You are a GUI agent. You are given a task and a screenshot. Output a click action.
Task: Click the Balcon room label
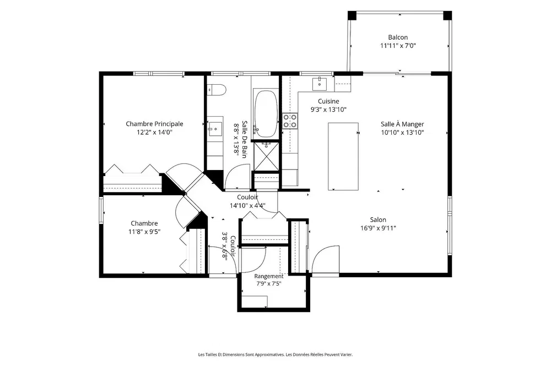(398, 37)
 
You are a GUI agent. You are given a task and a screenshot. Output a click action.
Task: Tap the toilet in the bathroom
(216, 90)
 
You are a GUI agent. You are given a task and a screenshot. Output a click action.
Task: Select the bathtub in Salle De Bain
(266, 114)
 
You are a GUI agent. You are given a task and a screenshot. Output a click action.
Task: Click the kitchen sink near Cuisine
(320, 84)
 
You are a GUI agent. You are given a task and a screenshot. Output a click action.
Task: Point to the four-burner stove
(290, 121)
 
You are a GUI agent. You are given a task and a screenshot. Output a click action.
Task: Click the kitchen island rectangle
(343, 156)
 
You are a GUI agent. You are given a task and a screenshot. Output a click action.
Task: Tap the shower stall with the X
(266, 156)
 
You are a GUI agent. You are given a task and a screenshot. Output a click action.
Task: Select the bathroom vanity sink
(215, 129)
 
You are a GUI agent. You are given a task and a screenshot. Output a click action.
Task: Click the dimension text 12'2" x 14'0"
(155, 132)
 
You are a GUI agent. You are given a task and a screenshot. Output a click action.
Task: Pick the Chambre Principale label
(155, 124)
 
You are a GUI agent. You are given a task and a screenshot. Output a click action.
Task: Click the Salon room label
(378, 220)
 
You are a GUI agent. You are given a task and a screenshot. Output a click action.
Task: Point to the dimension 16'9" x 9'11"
(378, 228)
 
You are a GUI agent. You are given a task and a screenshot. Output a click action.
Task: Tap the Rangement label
(269, 276)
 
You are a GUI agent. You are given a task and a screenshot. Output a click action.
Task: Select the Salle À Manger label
(402, 124)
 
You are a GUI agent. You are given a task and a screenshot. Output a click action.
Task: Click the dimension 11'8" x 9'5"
(144, 232)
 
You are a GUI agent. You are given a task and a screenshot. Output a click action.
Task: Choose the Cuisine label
(328, 101)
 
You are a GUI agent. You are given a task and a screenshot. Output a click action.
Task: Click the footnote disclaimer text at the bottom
(275, 355)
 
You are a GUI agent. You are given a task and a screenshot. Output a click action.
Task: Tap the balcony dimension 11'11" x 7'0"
(398, 46)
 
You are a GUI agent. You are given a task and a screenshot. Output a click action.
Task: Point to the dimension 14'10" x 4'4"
(247, 206)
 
